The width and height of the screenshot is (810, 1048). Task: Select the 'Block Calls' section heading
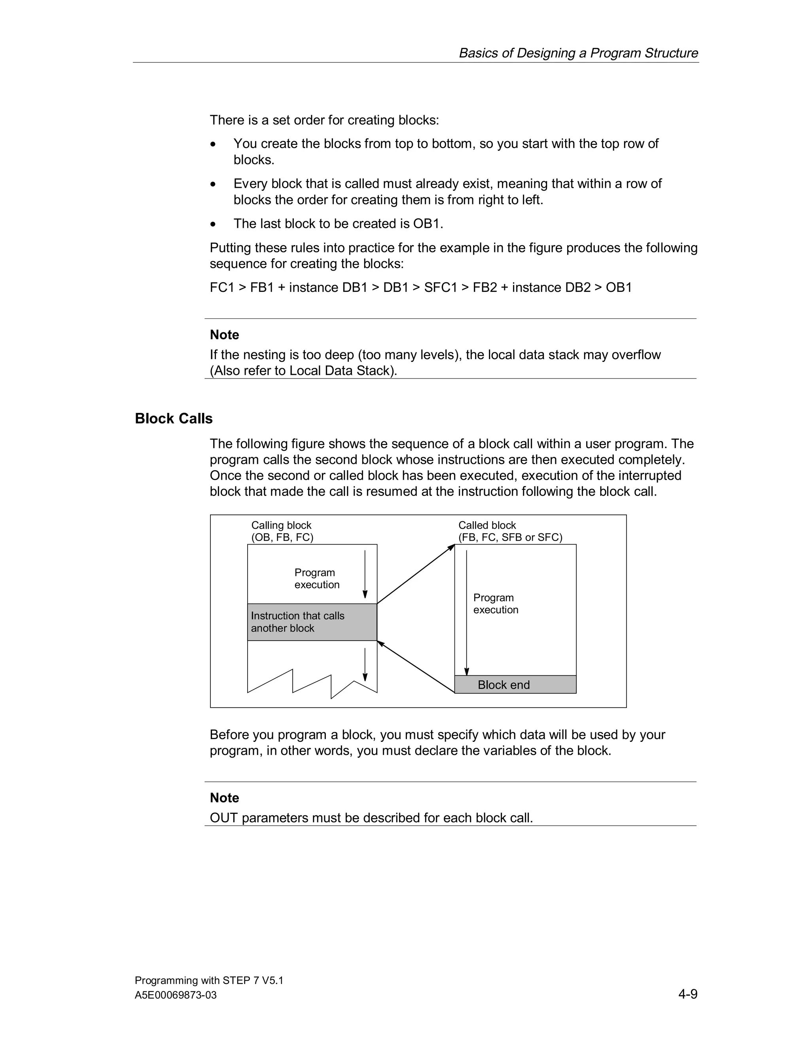point(173,418)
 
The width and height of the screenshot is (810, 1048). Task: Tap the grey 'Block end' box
point(515,685)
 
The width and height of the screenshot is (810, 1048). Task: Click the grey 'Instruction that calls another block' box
point(312,622)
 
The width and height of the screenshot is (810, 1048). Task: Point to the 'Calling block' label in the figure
point(281,526)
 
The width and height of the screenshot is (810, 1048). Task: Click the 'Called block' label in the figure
point(486,526)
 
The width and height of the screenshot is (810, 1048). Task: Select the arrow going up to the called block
point(416,574)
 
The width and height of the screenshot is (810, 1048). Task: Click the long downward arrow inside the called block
point(466,614)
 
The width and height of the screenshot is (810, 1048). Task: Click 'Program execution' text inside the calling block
point(317,579)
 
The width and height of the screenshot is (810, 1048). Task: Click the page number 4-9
point(688,994)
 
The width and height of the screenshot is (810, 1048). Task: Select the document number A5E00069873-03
point(176,995)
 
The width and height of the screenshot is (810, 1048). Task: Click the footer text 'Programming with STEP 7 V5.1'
point(209,980)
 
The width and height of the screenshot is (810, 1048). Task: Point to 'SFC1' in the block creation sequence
point(441,288)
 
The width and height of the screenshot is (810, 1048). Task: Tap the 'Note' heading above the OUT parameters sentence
point(224,798)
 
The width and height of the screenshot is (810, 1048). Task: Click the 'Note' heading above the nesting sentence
point(224,335)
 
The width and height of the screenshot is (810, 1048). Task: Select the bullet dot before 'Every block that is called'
point(214,184)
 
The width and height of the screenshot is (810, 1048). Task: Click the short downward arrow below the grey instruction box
point(365,665)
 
